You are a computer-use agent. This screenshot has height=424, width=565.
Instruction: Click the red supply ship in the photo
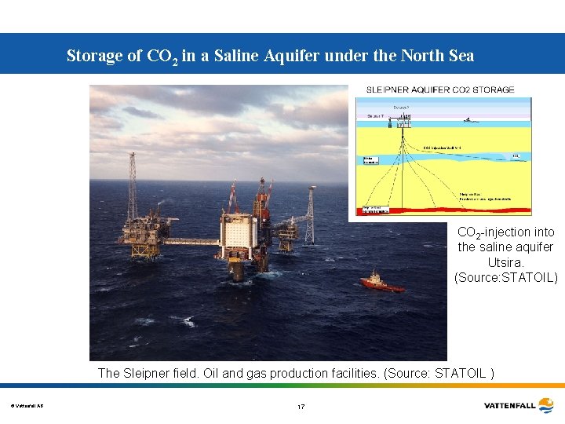[382, 283]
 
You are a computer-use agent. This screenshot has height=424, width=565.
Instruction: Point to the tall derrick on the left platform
[132, 188]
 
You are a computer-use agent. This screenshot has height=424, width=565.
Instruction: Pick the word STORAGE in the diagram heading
[493, 90]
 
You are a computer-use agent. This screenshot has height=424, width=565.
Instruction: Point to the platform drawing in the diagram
[405, 119]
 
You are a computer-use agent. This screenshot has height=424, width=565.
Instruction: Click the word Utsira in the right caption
[505, 261]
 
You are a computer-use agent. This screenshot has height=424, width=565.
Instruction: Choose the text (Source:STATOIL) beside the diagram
[505, 276]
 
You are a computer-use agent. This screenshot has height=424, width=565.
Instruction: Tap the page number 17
[301, 407]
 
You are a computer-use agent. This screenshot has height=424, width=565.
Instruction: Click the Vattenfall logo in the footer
[519, 406]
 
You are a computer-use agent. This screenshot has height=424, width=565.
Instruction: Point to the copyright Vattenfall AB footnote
[27, 406]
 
